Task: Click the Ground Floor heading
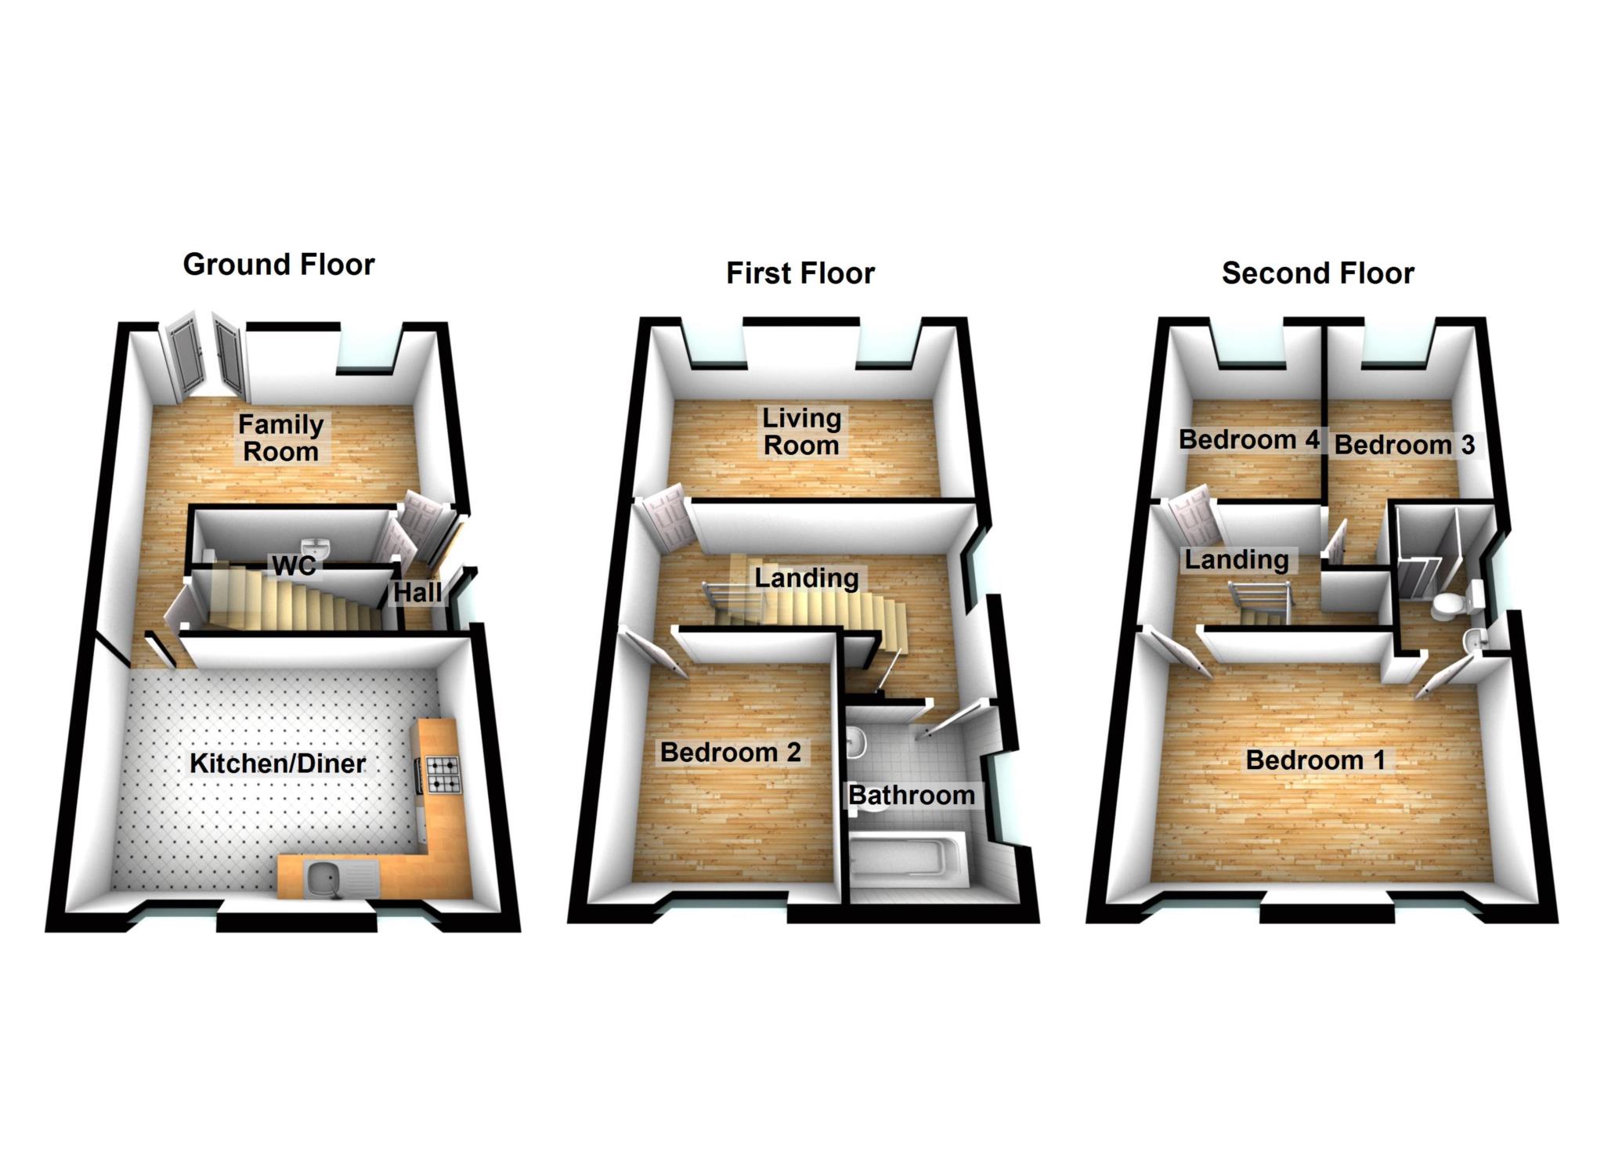coord(279,265)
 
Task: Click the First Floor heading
coord(800,273)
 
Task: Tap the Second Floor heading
coord(1317,273)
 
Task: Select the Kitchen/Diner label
coord(277,763)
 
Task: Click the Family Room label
coord(280,438)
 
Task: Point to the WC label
coord(294,565)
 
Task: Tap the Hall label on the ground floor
coord(417,593)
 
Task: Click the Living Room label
coord(801,431)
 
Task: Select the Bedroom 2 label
coord(730,753)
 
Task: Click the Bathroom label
coord(912,796)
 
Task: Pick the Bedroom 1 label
coord(1315,760)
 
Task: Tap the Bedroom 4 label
coord(1249,440)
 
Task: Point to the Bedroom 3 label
coord(1404,446)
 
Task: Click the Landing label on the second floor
coord(1236,560)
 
